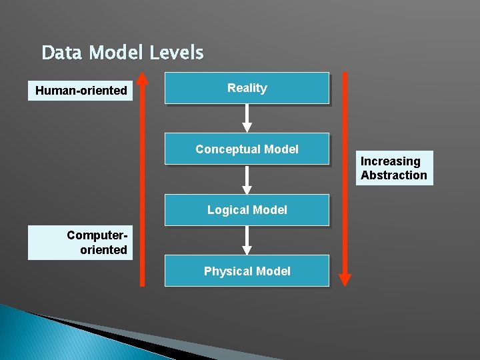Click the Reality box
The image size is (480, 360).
(247, 88)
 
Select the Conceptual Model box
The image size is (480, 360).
(247, 149)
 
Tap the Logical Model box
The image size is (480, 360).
(247, 210)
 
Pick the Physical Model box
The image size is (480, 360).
(247, 271)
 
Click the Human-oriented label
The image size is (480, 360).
(81, 90)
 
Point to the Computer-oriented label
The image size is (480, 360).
(81, 243)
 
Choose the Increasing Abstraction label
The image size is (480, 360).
(394, 168)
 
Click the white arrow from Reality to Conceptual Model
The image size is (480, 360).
(247, 119)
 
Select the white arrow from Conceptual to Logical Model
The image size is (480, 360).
(247, 180)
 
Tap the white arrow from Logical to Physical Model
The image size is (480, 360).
(247, 241)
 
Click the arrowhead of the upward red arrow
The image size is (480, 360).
(142, 78)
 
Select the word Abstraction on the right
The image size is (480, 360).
(394, 175)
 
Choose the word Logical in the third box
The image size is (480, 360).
(229, 210)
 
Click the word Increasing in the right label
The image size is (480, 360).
(391, 161)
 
